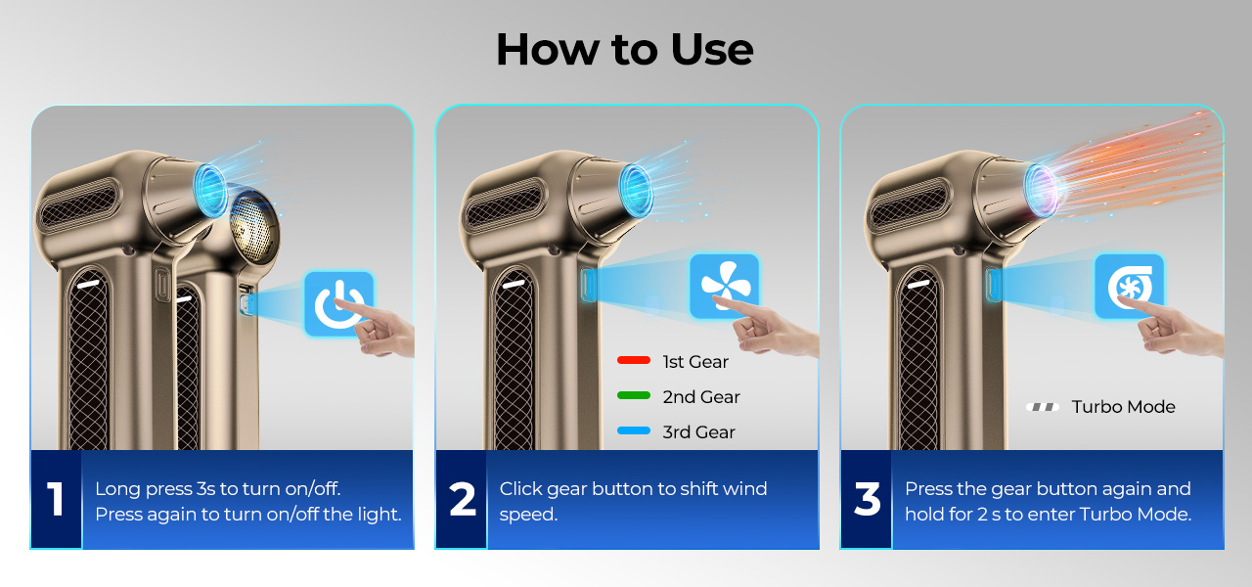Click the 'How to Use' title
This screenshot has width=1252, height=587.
(x=625, y=49)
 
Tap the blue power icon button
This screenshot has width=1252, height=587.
(x=339, y=303)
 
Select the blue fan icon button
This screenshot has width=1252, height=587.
(x=725, y=286)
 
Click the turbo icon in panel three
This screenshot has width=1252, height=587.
(x=1130, y=286)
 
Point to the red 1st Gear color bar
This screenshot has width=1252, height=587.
(x=634, y=361)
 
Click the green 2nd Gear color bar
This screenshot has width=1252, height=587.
(x=634, y=396)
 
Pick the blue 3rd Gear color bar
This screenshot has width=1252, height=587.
(x=634, y=431)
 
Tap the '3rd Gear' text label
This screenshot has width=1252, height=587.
(x=698, y=432)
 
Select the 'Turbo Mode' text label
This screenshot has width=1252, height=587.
(x=1124, y=407)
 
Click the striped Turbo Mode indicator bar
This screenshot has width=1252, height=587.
(x=1043, y=407)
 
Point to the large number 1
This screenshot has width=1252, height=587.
(x=56, y=498)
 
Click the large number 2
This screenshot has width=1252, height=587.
(x=463, y=498)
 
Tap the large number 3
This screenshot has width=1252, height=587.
(x=867, y=498)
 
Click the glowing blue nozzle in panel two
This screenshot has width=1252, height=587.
(x=636, y=191)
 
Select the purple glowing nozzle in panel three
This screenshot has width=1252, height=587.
(x=1043, y=191)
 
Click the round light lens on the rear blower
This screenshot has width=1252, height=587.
(x=251, y=228)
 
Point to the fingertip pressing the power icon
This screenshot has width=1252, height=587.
(x=337, y=302)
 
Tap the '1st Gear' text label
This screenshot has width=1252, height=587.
(x=695, y=362)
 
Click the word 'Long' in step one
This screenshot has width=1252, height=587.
(x=117, y=490)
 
